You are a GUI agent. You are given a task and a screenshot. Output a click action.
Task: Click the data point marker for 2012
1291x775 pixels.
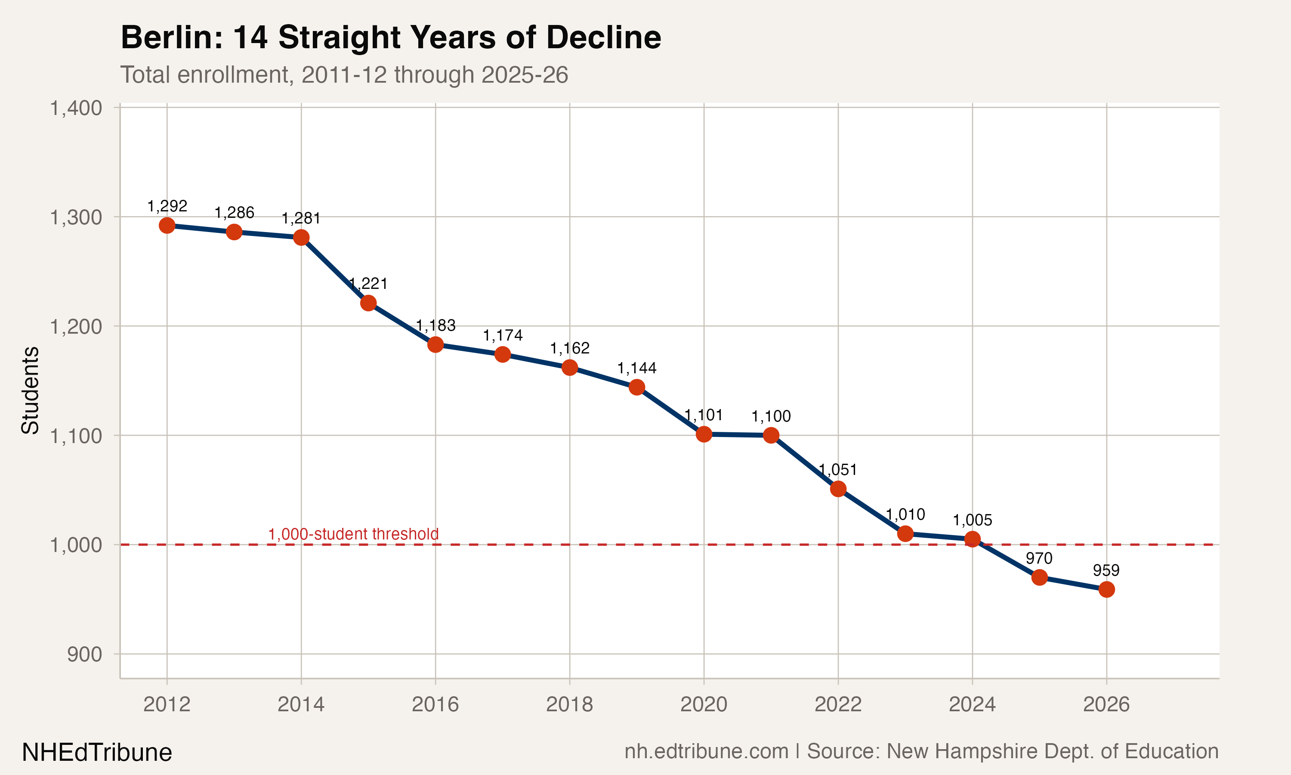click(167, 226)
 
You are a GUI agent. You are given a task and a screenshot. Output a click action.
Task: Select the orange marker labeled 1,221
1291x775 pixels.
click(368, 303)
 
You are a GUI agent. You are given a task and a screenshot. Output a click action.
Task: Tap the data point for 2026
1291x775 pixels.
click(1106, 589)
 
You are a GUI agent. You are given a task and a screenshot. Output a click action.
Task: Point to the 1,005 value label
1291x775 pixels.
click(972, 520)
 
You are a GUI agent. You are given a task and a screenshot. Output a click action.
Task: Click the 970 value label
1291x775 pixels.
click(1039, 558)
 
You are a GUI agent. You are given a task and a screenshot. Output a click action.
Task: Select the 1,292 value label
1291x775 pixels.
click(167, 206)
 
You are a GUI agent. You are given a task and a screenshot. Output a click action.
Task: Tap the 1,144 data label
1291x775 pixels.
click(636, 368)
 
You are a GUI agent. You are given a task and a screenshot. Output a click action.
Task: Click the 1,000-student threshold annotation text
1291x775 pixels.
click(353, 534)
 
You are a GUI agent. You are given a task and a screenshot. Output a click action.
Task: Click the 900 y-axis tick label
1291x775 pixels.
click(84, 654)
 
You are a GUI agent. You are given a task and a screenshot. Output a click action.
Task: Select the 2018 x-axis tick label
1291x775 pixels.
click(569, 704)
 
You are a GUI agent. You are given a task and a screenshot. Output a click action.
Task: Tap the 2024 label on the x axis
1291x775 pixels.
click(972, 704)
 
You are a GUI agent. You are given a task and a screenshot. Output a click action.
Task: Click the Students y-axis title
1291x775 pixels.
click(30, 390)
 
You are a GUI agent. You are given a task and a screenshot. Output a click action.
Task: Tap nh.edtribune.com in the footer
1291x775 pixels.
click(707, 751)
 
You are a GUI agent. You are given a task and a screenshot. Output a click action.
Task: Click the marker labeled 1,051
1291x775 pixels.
click(838, 489)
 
